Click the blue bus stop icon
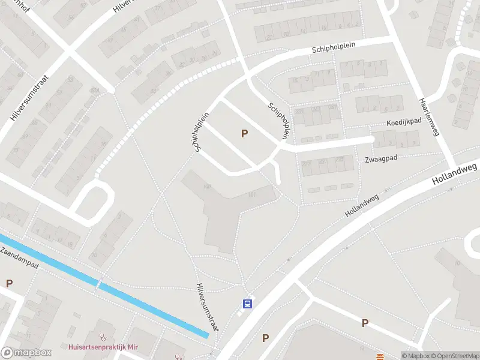247,304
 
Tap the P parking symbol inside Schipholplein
244,133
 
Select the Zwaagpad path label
382,160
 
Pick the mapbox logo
26,353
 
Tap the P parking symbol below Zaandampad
9,283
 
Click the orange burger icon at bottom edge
380,357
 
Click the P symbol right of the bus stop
265,338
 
